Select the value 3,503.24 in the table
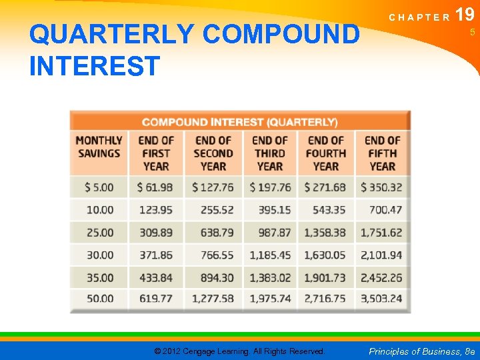click(x=381, y=298)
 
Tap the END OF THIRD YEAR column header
click(x=269, y=153)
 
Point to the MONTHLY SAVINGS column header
click(x=99, y=147)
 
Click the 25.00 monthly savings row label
click(x=100, y=232)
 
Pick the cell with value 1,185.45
click(x=270, y=255)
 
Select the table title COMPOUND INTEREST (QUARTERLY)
click(x=240, y=122)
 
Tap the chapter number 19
click(x=465, y=15)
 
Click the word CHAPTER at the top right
click(x=419, y=17)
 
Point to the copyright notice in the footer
click(x=239, y=351)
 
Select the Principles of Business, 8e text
click(x=422, y=351)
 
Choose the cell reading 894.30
click(x=213, y=277)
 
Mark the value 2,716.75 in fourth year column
click(x=325, y=298)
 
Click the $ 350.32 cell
click(x=381, y=187)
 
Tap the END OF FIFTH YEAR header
click(x=382, y=153)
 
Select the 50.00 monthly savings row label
click(x=100, y=298)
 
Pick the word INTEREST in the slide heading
click(x=95, y=66)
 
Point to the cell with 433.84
click(x=156, y=277)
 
